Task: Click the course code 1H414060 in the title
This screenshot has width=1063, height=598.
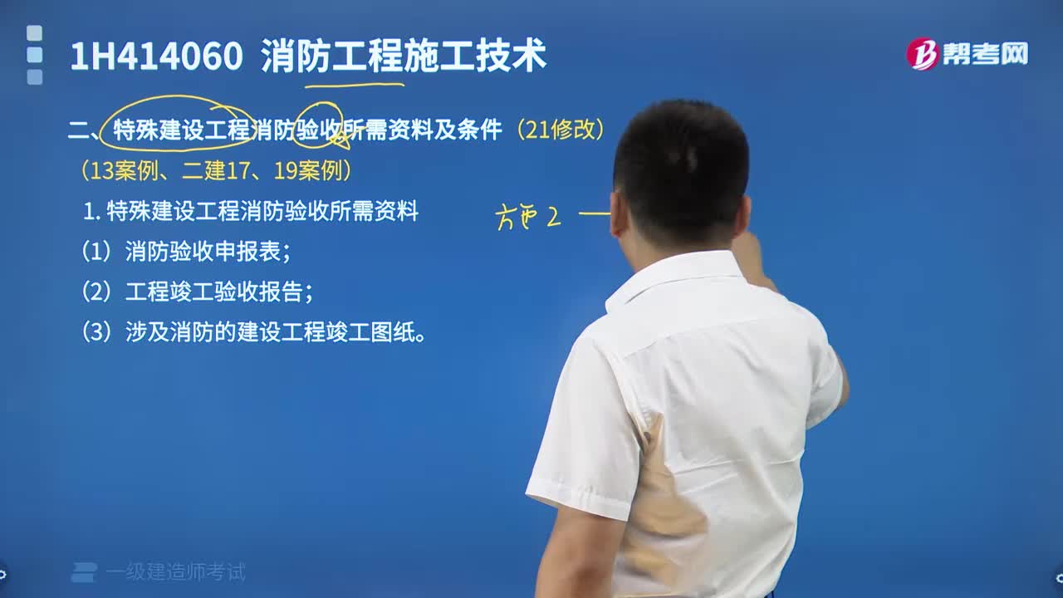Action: pyautogui.click(x=156, y=56)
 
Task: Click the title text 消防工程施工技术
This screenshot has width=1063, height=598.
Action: pyautogui.click(x=403, y=56)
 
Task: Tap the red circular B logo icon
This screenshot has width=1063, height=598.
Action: pyautogui.click(x=922, y=54)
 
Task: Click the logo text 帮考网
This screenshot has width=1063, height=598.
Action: pyautogui.click(x=985, y=54)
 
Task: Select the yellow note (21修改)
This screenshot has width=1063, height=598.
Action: pyautogui.click(x=560, y=130)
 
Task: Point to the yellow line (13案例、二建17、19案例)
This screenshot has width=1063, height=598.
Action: pyautogui.click(x=216, y=171)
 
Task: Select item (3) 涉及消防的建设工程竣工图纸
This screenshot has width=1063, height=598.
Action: pyautogui.click(x=253, y=333)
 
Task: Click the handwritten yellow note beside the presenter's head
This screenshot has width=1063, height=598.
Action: pyautogui.click(x=529, y=218)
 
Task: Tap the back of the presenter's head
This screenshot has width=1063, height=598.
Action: pyautogui.click(x=681, y=174)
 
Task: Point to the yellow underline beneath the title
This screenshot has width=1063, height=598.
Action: pyautogui.click(x=355, y=84)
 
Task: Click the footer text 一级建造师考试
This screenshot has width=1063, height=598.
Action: pyautogui.click(x=175, y=571)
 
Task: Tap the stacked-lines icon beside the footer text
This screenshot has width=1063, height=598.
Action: pyautogui.click(x=84, y=571)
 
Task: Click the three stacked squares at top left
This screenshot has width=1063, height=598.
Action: pyautogui.click(x=34, y=55)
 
